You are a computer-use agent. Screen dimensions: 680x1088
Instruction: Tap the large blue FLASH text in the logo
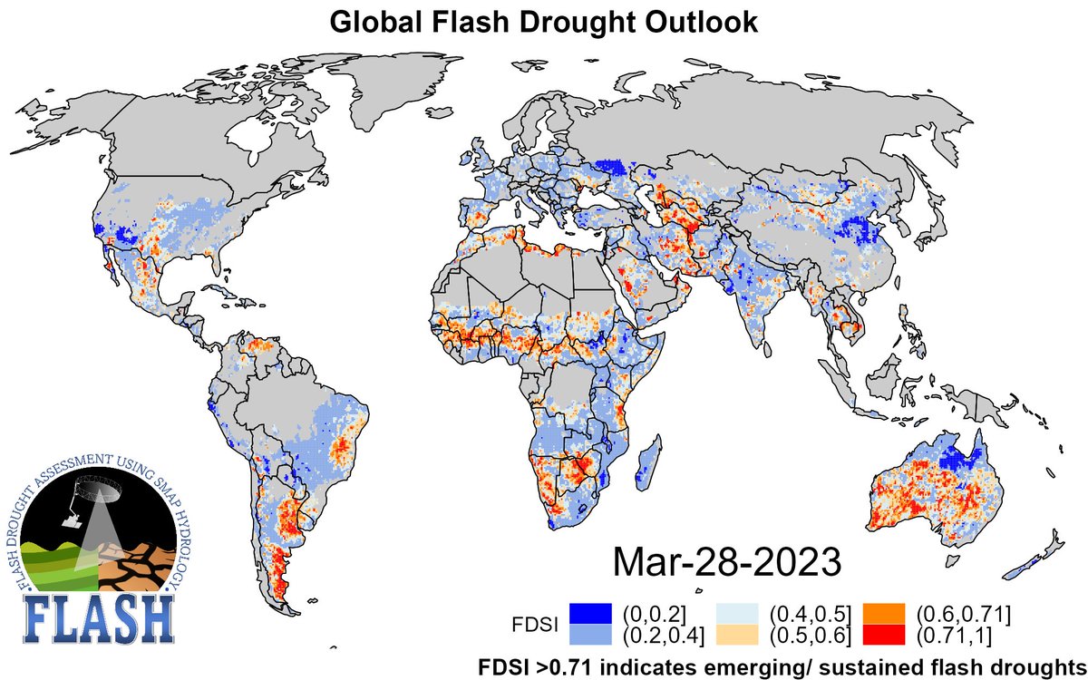[x=96, y=617]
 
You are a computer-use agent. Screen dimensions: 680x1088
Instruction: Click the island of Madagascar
[x=646, y=460]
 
